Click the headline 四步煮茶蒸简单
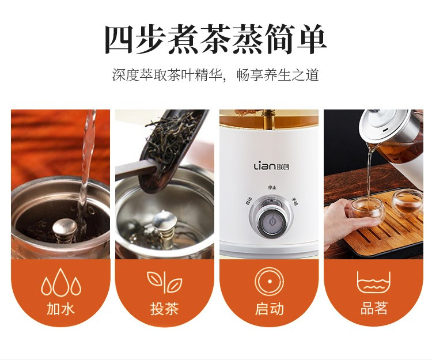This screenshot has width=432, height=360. click(x=216, y=39)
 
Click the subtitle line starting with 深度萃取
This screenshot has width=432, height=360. click(x=216, y=75)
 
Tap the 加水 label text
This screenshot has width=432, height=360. click(x=60, y=308)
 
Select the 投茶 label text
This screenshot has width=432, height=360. click(x=165, y=308)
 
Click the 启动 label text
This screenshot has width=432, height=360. click(x=269, y=308)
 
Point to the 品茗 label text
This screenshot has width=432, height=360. click(x=374, y=308)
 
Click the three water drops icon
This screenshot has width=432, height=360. click(x=61, y=282)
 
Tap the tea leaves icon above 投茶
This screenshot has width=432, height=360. click(x=165, y=282)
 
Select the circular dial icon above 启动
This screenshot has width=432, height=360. click(x=270, y=281)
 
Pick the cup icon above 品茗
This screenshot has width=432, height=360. click(x=374, y=283)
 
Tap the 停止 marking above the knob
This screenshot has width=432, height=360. click(x=272, y=187)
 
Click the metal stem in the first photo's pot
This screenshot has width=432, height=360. click(x=64, y=230)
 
